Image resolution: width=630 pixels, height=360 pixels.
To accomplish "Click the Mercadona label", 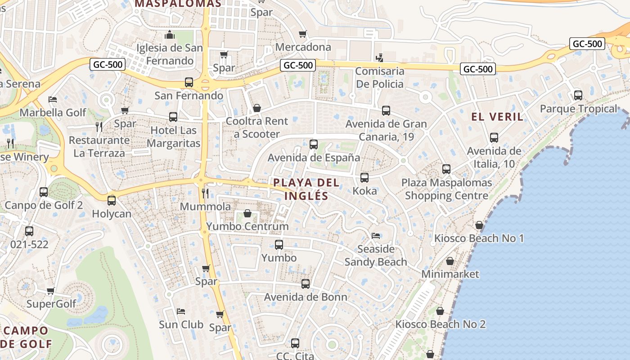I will coord(303,47).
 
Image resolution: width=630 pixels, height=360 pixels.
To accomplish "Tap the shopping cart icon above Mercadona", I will coord(303,34).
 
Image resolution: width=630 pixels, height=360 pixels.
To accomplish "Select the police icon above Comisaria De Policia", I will coord(380,58).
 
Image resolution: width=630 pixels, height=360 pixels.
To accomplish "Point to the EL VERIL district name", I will coord(497,117).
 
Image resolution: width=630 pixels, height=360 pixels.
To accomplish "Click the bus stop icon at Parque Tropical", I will coord(578,95).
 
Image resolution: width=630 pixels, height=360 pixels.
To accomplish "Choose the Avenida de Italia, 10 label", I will coord(494,157).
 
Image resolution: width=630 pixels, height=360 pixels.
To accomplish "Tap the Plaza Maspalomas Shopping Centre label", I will coord(446,189).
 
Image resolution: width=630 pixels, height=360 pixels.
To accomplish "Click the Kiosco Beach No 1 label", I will coord(479,238).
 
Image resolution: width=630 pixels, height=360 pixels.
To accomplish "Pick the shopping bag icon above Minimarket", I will coord(450,261).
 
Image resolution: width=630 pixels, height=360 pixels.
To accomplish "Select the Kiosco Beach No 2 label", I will coord(440,324).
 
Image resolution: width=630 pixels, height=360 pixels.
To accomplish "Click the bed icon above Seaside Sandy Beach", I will coord(376,235).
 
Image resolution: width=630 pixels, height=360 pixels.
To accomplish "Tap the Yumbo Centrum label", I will coord(247,226).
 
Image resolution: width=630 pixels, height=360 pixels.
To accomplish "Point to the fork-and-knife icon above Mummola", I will coord(205,193).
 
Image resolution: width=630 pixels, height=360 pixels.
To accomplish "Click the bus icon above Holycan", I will coord(112,200).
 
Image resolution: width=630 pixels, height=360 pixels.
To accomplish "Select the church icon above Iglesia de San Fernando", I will coord(170,34).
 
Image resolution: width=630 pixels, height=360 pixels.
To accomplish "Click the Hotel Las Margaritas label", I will coord(173,137).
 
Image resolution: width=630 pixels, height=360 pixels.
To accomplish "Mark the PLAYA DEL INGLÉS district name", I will coord(306,189).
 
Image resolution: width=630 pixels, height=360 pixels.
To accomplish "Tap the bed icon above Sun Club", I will coord(181,311).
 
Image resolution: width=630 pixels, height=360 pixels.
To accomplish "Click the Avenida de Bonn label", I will coord(306,297).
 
